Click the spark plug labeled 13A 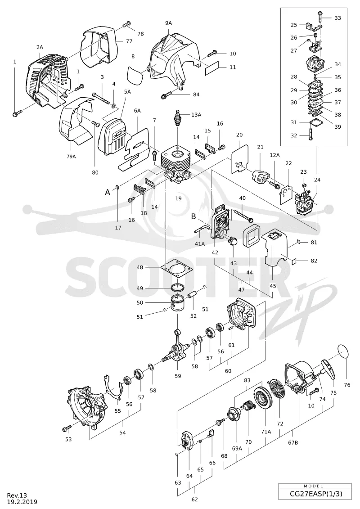(177, 117)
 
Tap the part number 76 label (347, 385)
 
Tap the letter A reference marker (108, 193)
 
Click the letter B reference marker (194, 216)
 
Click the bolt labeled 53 (66, 429)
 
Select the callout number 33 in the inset (337, 18)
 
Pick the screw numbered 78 (126, 24)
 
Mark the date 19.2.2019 (22, 502)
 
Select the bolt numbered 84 (166, 95)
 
